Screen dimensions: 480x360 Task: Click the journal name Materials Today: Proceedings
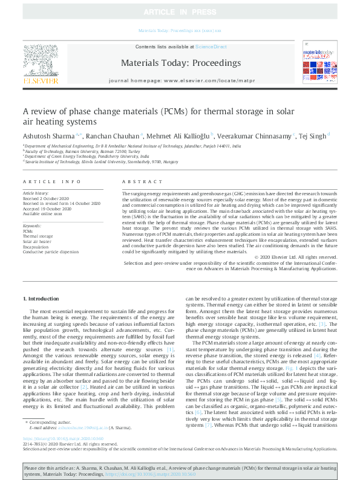[x=181, y=63]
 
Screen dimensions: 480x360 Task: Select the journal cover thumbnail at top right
[x=319, y=63]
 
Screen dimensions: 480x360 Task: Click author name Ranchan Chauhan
[x=115, y=136]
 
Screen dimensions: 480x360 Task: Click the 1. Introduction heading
[x=42, y=299]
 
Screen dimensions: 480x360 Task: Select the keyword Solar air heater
[x=38, y=241]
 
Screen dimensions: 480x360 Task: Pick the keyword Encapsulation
[x=35, y=247]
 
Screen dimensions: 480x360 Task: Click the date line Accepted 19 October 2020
[x=50, y=209]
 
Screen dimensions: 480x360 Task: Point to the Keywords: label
[x=31, y=225]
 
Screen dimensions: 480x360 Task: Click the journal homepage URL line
[x=181, y=80]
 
